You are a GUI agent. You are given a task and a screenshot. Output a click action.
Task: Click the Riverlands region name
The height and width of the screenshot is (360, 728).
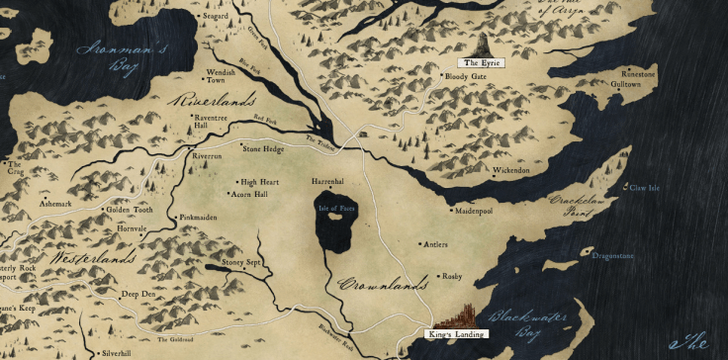coord(214,101)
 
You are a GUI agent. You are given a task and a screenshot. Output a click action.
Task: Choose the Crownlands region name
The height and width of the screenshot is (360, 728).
coord(382,285)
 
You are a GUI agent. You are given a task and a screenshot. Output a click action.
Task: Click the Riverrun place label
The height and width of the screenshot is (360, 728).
coord(207,156)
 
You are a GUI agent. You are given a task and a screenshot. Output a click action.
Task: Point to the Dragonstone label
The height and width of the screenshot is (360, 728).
coord(612,256)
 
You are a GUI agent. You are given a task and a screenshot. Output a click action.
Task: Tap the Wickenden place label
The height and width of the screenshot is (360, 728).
coord(510,170)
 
